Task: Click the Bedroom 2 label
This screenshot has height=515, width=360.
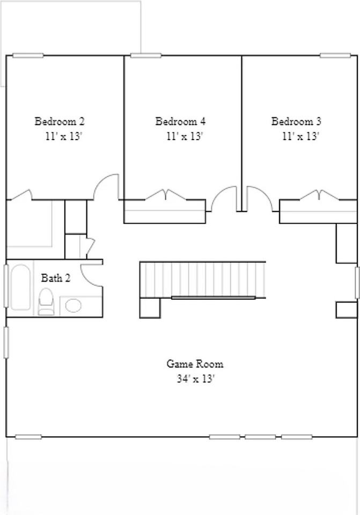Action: [60, 121]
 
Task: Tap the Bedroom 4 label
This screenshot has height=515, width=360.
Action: [180, 121]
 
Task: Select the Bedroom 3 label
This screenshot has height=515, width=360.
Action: [296, 121]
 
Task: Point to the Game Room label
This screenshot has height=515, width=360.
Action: [195, 364]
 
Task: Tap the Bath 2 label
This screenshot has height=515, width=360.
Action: [55, 278]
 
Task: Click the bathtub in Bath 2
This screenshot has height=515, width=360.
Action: [20, 287]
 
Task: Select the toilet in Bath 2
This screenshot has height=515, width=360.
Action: [46, 301]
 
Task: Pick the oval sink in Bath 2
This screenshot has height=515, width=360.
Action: [74, 305]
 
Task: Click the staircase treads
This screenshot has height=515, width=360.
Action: [203, 279]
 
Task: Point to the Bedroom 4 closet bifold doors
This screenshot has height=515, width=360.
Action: [166, 194]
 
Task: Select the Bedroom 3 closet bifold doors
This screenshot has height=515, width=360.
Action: [319, 194]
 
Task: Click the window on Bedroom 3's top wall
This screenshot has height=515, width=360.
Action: [335, 55]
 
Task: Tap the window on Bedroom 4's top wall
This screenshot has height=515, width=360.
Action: [146, 55]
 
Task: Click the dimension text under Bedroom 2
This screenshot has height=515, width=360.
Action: [63, 136]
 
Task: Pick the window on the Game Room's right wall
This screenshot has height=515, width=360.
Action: [357, 283]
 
